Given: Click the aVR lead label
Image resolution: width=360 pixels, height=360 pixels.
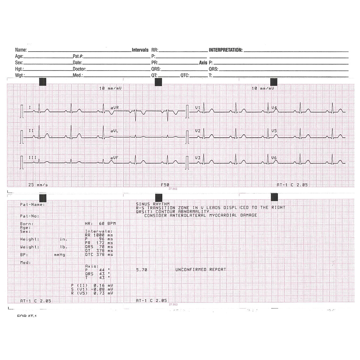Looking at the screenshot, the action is click(114, 107).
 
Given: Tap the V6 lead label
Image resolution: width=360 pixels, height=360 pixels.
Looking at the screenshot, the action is click(274, 158).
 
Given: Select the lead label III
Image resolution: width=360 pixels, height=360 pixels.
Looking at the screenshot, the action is click(32, 158).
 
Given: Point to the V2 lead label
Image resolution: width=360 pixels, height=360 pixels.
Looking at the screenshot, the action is click(198, 131).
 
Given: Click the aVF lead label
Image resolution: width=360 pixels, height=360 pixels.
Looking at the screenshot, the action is click(114, 158).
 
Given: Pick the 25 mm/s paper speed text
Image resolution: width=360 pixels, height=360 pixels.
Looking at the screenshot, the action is click(38, 185).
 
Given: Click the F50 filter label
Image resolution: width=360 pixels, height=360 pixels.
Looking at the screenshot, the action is click(165, 185).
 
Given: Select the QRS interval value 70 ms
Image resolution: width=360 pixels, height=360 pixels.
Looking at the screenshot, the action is click(104, 247).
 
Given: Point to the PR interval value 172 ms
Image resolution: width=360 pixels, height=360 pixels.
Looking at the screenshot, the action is click(104, 243).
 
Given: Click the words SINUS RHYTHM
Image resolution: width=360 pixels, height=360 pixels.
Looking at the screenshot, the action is click(152, 204).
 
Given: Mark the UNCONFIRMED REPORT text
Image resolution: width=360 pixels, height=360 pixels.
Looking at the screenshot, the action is click(201, 270).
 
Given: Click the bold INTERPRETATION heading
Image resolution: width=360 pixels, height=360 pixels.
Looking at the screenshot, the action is click(226, 50).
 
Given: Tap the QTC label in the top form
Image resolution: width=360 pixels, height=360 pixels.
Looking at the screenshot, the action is click(185, 76).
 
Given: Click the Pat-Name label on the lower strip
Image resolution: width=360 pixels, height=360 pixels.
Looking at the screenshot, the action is click(32, 205).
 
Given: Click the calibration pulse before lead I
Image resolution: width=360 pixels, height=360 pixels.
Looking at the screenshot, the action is click(22, 112).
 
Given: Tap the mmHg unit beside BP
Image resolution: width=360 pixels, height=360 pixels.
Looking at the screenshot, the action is click(59, 255).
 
